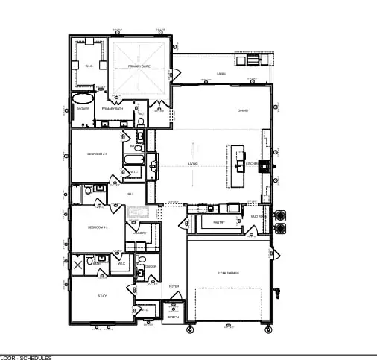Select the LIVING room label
coord(193,164)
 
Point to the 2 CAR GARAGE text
coord(228,274)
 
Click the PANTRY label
coord(219,222)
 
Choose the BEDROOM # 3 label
coord(98,154)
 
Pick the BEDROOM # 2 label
coord(98,227)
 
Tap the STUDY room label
coord(103,297)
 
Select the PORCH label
coord(173,317)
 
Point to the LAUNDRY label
coord(140,233)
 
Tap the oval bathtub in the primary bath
coord(83,98)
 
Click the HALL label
coord(130,194)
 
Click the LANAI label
coord(221,74)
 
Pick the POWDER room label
coord(150,267)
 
